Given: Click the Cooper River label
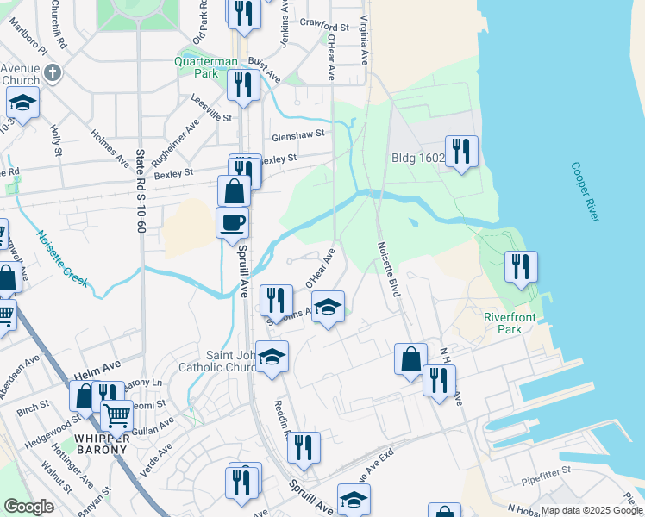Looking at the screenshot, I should (584, 191).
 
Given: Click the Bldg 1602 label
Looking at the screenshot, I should (417, 158).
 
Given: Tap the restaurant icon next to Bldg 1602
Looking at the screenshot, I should (462, 152).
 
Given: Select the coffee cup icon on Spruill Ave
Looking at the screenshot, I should (232, 223).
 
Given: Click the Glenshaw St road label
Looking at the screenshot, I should (297, 134).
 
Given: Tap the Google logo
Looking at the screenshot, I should (28, 507).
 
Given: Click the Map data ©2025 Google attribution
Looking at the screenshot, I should (592, 510).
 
